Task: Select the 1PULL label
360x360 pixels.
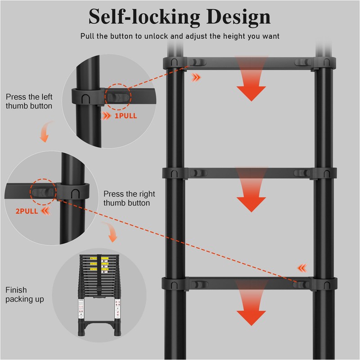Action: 126,116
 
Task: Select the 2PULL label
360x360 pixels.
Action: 27,211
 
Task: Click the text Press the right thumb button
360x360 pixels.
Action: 129,198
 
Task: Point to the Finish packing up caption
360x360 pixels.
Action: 25,294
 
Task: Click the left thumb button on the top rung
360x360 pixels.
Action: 196,62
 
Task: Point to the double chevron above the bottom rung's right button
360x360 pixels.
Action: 301,269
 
